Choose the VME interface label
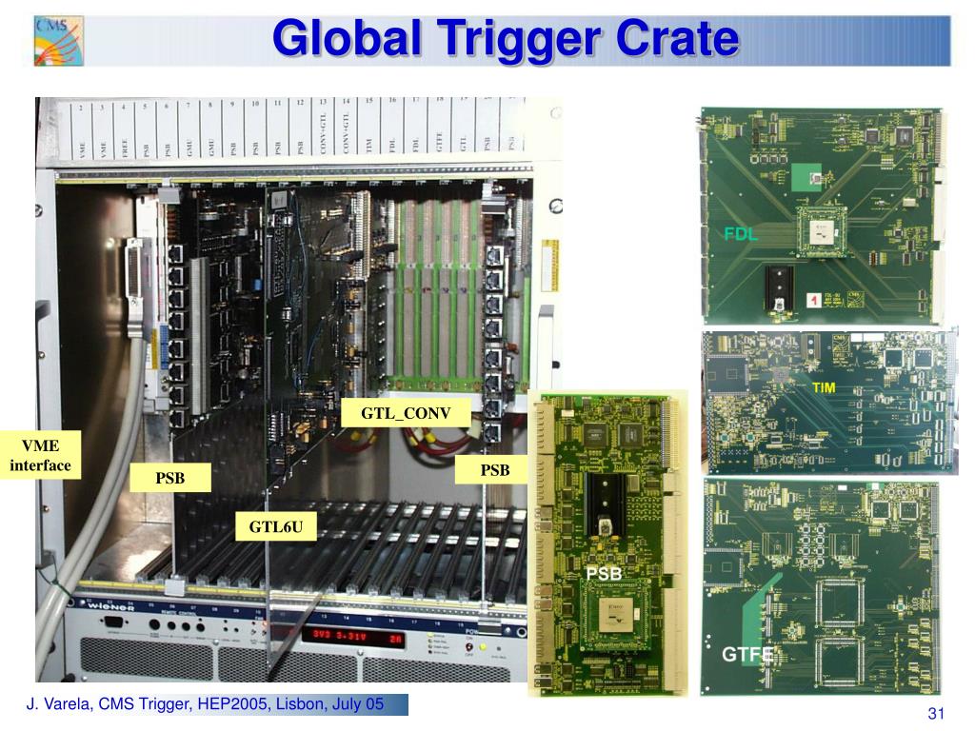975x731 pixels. point(41,455)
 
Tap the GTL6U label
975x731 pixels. point(276,524)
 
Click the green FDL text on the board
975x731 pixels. point(741,233)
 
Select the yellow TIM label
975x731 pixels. point(824,388)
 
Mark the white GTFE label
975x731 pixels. point(748,655)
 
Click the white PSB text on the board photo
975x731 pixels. point(604,573)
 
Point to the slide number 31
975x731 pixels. point(934,715)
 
